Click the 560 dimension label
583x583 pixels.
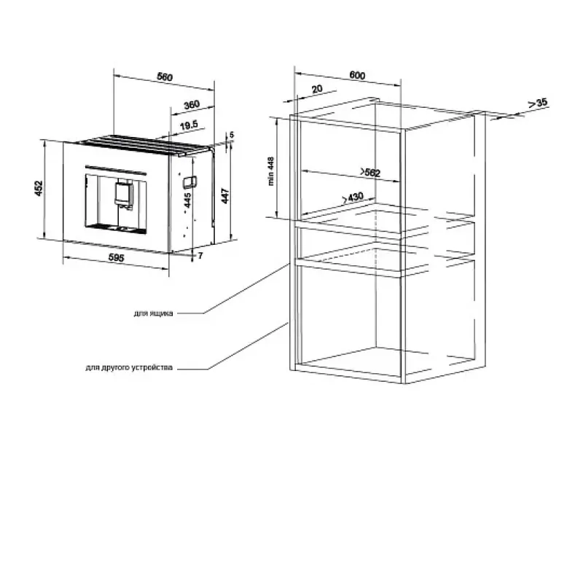pyautogui.click(x=165, y=77)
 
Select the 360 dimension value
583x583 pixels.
pyautogui.click(x=192, y=105)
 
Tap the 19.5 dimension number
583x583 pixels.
pyautogui.click(x=189, y=125)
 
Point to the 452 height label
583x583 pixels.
pyautogui.click(x=39, y=188)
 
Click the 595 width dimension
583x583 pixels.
pyautogui.click(x=116, y=257)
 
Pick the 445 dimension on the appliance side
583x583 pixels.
pyautogui.click(x=188, y=200)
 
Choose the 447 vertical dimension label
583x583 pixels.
pyautogui.click(x=225, y=196)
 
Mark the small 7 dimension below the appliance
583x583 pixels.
pyautogui.click(x=200, y=256)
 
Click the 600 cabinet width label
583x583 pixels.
pyautogui.click(x=357, y=75)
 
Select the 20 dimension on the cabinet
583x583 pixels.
pyautogui.click(x=317, y=89)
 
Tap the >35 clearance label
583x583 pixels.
pyautogui.click(x=538, y=103)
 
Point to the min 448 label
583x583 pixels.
pyautogui.click(x=271, y=171)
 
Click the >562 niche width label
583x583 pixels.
pyautogui.click(x=371, y=173)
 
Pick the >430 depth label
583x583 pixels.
pyautogui.click(x=353, y=197)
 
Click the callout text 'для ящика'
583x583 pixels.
pyautogui.click(x=153, y=313)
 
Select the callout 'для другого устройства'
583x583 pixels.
pyautogui.click(x=129, y=368)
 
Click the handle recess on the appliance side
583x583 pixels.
pyautogui.click(x=189, y=181)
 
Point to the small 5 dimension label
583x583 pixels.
pyautogui.click(x=232, y=135)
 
